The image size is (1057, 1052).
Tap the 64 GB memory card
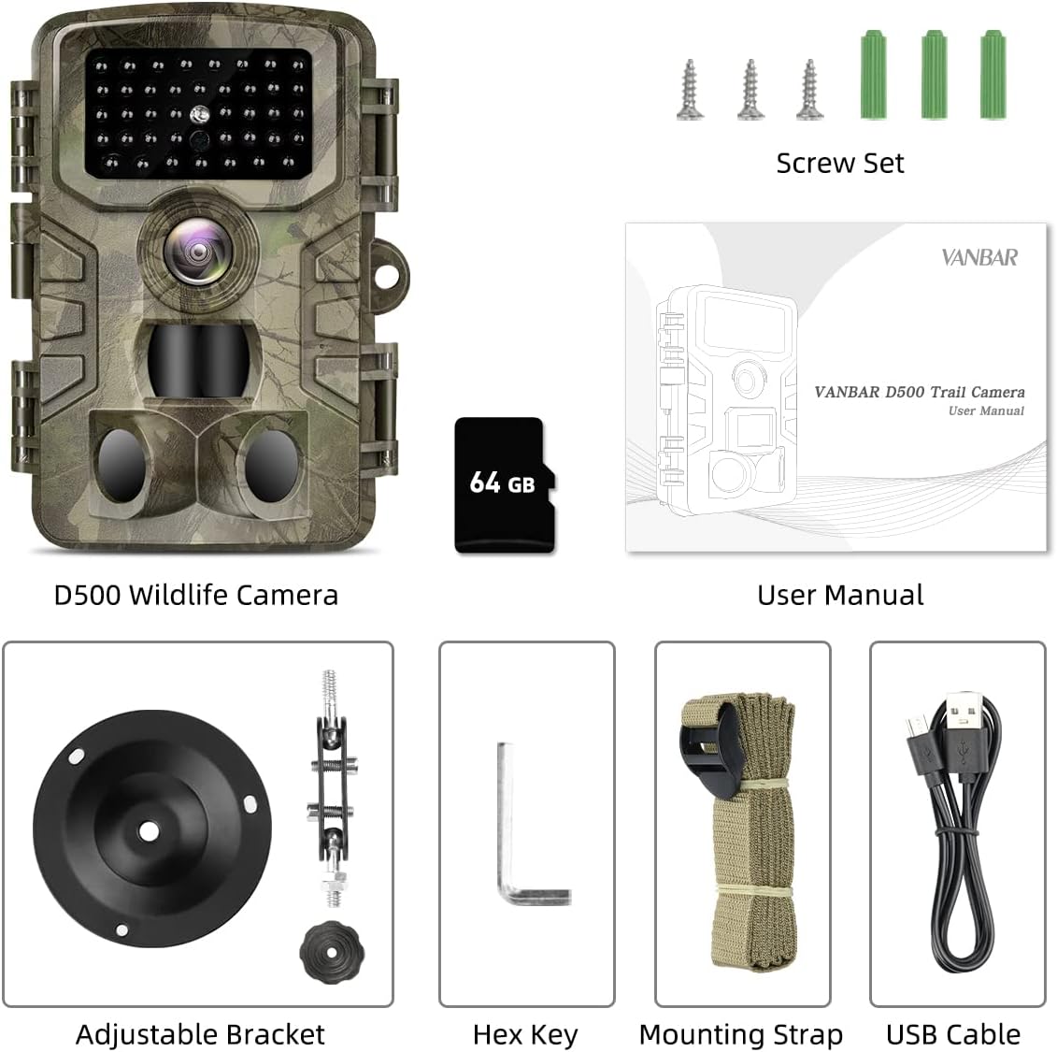pyautogui.click(x=505, y=484)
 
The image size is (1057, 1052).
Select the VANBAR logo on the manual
pyautogui.click(x=978, y=257)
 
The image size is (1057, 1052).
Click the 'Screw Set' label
pyautogui.click(x=839, y=164)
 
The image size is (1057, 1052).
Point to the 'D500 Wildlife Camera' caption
pyautogui.click(x=195, y=596)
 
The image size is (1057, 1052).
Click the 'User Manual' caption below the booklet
pyautogui.click(x=839, y=596)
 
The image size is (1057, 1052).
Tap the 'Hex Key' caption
pyautogui.click(x=525, y=1035)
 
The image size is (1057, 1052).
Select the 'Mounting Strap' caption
pyautogui.click(x=740, y=1035)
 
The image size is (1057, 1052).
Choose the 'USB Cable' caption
pyautogui.click(x=952, y=1035)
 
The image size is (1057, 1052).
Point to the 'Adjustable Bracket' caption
pyautogui.click(x=200, y=1035)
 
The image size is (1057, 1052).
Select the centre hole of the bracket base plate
pyautogui.click(x=148, y=829)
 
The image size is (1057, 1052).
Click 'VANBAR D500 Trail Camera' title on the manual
pyautogui.click(x=919, y=392)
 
